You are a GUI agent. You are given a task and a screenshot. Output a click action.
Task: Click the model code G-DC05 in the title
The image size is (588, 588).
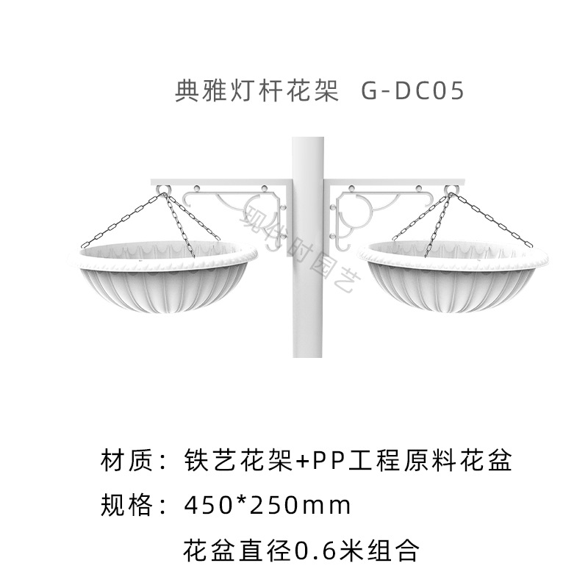click(x=412, y=93)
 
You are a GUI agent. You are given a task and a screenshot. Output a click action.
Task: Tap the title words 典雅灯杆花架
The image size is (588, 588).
click(x=256, y=93)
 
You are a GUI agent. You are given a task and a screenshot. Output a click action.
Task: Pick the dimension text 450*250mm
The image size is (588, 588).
click(x=268, y=506)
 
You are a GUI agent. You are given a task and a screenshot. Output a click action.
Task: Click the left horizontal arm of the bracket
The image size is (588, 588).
click(x=220, y=182)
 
